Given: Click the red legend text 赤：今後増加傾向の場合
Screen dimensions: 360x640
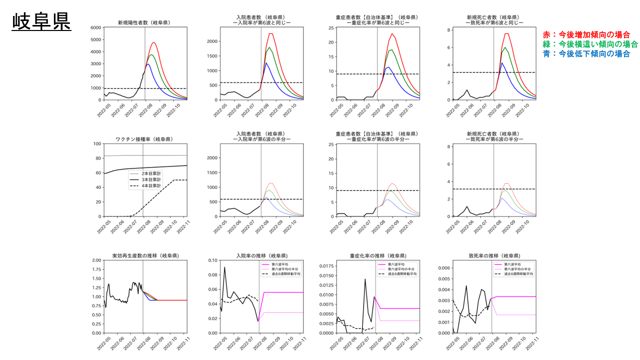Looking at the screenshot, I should (x=586, y=34).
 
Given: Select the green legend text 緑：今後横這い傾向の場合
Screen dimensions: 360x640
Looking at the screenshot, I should (x=590, y=44).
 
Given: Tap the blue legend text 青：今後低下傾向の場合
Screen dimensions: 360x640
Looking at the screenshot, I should (x=586, y=53).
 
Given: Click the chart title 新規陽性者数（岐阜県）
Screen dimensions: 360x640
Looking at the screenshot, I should (x=143, y=22).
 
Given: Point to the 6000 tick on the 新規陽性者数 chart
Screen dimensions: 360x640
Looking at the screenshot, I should (x=95, y=27).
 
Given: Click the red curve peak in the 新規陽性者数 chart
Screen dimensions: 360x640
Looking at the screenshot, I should (x=154, y=42).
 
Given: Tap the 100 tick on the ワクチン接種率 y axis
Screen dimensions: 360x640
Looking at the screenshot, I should (x=96, y=143).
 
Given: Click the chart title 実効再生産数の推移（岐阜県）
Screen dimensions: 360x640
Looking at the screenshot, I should (x=145, y=255).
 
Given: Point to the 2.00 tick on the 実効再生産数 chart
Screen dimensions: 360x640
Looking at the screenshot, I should (x=93, y=260).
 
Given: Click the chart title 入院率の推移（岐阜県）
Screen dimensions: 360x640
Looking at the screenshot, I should (x=261, y=255).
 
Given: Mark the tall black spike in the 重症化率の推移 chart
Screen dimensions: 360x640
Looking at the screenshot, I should (x=365, y=279).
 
